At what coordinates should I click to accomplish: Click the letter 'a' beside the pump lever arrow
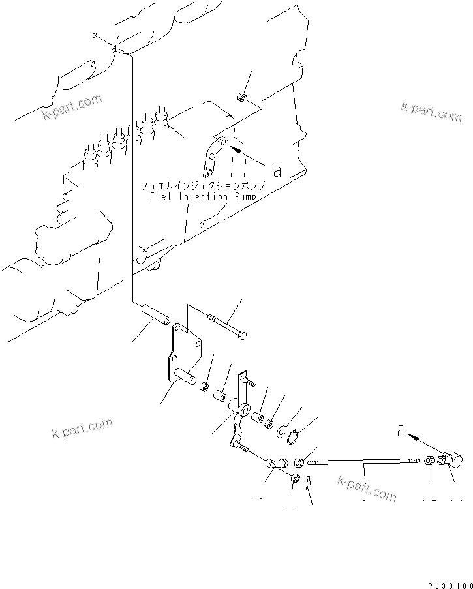point(277,171)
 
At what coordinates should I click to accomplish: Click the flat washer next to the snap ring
point(281,430)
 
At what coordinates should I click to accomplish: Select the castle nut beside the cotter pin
point(295,479)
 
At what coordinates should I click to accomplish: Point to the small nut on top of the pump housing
point(241,98)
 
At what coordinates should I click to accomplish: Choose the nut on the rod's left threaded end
point(298,462)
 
